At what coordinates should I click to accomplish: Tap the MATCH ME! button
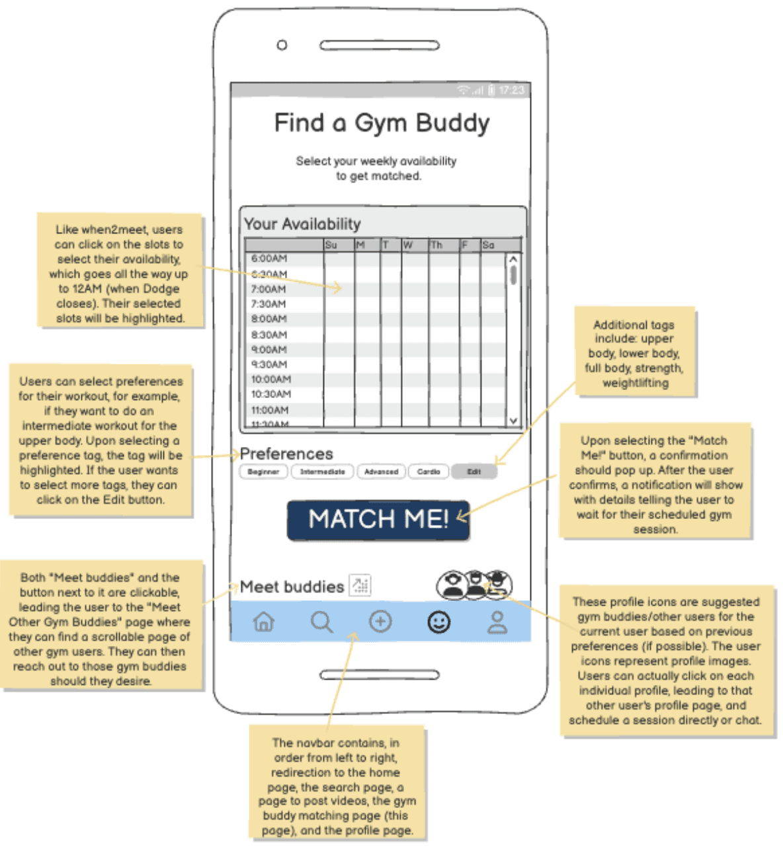pos(378,520)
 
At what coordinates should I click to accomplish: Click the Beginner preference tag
pos(263,471)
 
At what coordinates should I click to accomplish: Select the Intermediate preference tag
pos(322,471)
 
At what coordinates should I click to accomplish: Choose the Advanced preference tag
pos(381,471)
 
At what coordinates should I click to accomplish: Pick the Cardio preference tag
pos(429,471)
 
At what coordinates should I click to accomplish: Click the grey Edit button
pos(474,471)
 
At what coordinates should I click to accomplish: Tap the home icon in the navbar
pos(264,622)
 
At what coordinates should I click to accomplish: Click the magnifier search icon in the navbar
pos(321,622)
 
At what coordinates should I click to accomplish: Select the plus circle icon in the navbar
pos(380,622)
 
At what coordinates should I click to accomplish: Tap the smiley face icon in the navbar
pos(439,622)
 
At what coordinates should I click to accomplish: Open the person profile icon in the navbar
pos(497,622)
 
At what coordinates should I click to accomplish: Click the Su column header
pos(331,245)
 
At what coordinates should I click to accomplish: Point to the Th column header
pos(436,245)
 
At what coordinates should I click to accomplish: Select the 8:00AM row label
pos(269,319)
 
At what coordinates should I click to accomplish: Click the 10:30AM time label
pos(271,394)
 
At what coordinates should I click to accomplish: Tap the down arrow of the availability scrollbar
pos(513,421)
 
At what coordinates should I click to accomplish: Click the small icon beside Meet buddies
pos(360,585)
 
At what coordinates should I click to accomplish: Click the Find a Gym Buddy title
pos(382,123)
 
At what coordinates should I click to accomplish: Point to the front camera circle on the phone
pos(282,45)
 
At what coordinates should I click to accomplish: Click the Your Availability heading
pos(302,224)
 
